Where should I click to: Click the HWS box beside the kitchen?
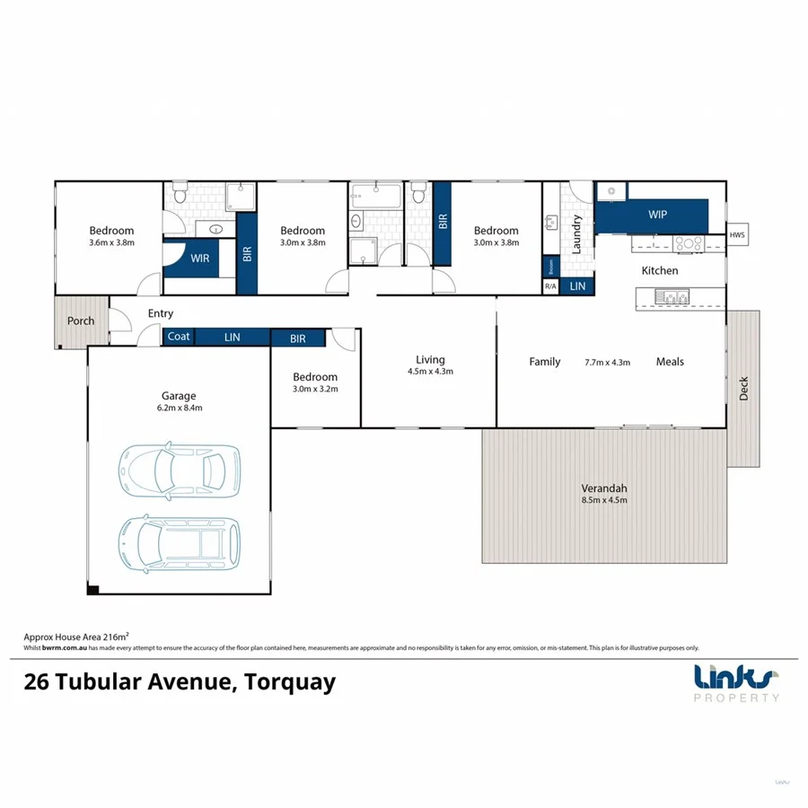point(737,235)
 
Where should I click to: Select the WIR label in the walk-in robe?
point(199,258)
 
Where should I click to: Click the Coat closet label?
point(179,337)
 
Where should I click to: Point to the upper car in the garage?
point(180,470)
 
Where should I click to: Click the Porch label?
point(81,321)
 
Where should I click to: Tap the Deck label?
point(743,388)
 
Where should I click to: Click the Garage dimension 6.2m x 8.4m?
point(179,407)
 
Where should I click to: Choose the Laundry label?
point(577,233)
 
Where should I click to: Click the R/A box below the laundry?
point(550,286)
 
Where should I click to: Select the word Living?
point(430,359)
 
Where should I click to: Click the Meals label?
point(670,362)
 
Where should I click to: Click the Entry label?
point(161,313)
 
